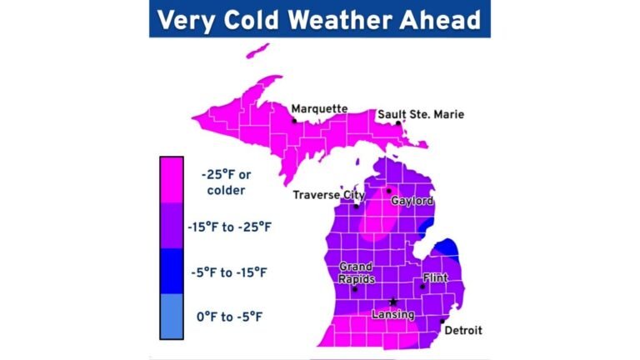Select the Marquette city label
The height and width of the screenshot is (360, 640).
coord(319,108)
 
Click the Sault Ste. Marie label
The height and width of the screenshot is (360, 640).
coord(421,114)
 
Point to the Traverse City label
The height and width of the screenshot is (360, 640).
coord(329,196)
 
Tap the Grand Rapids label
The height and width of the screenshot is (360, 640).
coord(356,273)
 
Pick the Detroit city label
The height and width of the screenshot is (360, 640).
coord(462,331)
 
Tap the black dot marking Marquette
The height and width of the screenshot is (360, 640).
coord(294,120)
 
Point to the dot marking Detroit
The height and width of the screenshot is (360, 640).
coord(442,321)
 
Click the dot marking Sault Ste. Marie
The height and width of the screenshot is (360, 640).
coord(398,123)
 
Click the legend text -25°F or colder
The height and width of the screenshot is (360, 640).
coord(223,183)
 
